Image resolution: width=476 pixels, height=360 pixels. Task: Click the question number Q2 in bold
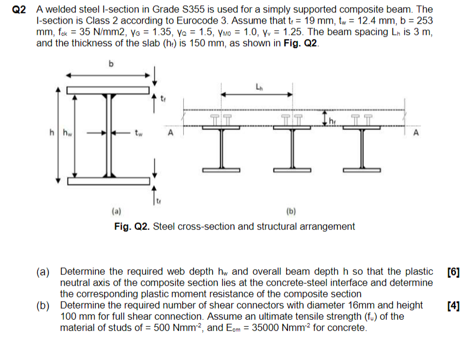20,10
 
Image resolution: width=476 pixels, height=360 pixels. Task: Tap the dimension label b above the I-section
110,63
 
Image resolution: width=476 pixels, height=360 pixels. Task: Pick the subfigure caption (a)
116,210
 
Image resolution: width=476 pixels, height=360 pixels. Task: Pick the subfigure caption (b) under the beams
290,210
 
